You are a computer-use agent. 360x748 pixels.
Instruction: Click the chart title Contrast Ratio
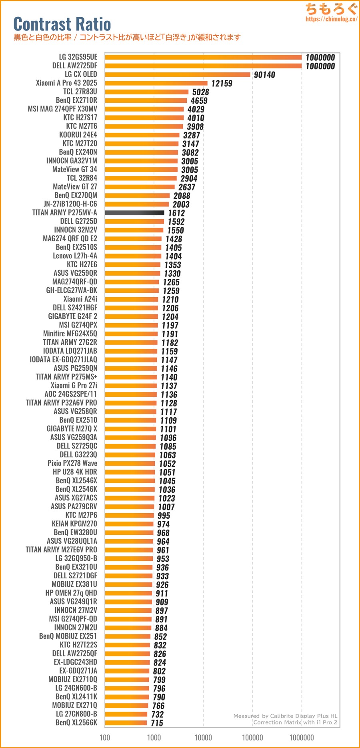pos(62,24)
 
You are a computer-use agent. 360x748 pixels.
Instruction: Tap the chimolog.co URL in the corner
pos(331,19)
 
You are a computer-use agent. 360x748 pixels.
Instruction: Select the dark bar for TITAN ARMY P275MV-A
pos(134,213)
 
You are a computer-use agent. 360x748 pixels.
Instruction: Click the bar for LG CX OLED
pos(177,74)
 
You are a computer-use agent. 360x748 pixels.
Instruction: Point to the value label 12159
pos(222,83)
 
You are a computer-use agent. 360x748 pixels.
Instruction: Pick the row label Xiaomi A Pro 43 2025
pos(66,83)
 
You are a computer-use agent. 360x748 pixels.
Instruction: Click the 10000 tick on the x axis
pos(203,737)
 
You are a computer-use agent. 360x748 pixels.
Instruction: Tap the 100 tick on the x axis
pos(105,737)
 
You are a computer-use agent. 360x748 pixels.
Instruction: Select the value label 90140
pos(264,75)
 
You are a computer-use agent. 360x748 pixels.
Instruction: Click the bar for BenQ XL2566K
pos(126,722)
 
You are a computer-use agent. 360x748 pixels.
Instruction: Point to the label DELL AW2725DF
pos(74,66)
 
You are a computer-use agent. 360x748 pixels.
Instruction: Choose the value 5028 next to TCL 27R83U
pos(200,92)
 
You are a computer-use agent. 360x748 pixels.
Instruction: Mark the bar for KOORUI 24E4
pos(142,135)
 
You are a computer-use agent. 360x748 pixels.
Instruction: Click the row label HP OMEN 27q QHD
pos(71,593)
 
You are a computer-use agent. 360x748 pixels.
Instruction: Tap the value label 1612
pos(176,213)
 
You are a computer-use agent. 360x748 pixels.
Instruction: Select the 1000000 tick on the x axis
pos(302,737)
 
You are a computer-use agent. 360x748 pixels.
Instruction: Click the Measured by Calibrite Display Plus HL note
pos(285,716)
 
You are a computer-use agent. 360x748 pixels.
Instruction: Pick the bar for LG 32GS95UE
pos(203,57)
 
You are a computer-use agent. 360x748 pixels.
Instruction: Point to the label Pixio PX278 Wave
pos(72,463)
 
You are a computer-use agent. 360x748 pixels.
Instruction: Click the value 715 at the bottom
pos(157,723)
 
